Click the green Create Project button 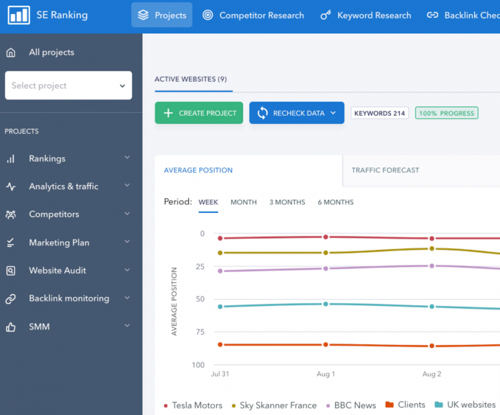(x=199, y=113)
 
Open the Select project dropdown (x=68, y=85)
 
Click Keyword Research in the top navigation (x=365, y=15)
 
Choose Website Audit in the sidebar (x=57, y=271)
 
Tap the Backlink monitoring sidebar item (x=68, y=298)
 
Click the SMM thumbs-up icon (x=11, y=327)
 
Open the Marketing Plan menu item (x=59, y=242)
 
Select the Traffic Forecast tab (x=385, y=170)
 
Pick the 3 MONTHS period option (x=287, y=202)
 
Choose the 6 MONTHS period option (x=335, y=202)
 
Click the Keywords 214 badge (x=380, y=113)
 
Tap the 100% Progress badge (x=446, y=113)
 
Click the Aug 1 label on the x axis (x=325, y=374)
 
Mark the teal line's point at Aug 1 (x=325, y=304)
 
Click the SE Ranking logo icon (x=19, y=15)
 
